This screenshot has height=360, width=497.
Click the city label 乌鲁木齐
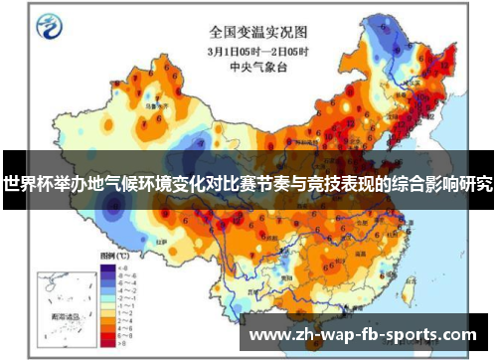(154, 100)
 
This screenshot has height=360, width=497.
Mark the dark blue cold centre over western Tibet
(111, 204)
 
